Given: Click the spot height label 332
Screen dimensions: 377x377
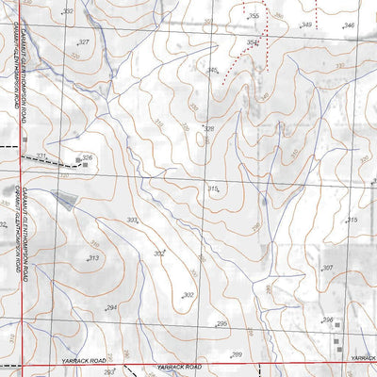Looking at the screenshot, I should click(x=67, y=11).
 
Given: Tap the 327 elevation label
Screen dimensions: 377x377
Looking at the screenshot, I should click(x=84, y=42).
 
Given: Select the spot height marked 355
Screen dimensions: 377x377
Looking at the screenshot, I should click(x=254, y=17).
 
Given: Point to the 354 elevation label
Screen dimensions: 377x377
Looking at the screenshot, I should click(x=252, y=42).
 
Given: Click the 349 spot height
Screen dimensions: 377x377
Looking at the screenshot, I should click(x=306, y=25).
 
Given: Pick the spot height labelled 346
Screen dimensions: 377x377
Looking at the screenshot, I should click(x=350, y=25).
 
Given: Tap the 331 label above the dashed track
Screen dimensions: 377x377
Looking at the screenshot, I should click(x=41, y=156).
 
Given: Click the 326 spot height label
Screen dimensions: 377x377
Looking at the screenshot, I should click(x=87, y=158).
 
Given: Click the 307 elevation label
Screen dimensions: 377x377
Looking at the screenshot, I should click(x=327, y=269).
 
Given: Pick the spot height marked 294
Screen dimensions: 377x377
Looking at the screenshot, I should click(x=110, y=308).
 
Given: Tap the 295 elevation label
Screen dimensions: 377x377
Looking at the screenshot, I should click(x=222, y=324).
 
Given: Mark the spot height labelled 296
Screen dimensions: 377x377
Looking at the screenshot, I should click(x=328, y=320).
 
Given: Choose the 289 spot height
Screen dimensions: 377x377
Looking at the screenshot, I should click(x=237, y=354).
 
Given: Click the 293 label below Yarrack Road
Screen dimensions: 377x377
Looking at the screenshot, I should click(x=109, y=373).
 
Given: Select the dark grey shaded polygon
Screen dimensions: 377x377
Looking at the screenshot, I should click(x=65, y=199).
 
